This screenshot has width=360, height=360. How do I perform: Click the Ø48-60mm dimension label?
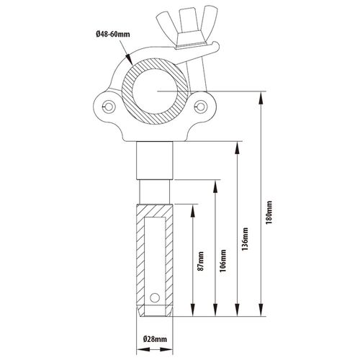(113, 35)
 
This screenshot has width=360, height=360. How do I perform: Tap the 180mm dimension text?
(269, 212)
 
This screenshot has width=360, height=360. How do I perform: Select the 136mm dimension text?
(245, 239)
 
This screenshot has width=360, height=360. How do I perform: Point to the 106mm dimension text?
(223, 261)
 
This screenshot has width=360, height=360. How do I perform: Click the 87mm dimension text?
(201, 261)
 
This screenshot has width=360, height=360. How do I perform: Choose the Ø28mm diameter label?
(155, 339)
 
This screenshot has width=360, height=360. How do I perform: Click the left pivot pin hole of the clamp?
(109, 106)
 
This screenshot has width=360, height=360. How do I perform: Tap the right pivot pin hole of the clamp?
(201, 106)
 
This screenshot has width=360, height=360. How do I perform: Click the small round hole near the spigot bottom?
(155, 298)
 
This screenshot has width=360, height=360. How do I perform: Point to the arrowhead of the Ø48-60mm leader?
(129, 58)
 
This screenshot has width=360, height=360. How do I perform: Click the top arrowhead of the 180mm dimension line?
(261, 98)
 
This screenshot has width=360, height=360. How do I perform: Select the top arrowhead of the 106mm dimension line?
(215, 186)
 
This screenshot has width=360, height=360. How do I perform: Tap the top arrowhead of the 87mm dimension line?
(192, 211)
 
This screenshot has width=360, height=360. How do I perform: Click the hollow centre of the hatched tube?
(155, 91)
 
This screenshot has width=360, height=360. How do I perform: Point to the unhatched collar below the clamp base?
(155, 161)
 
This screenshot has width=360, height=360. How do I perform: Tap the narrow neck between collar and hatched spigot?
(155, 192)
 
